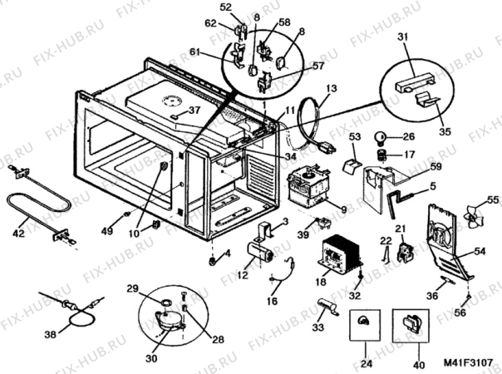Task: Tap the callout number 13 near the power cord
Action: pyautogui.click(x=331, y=87)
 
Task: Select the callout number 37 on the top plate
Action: pyautogui.click(x=194, y=110)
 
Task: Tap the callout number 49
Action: pyautogui.click(x=108, y=230)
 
